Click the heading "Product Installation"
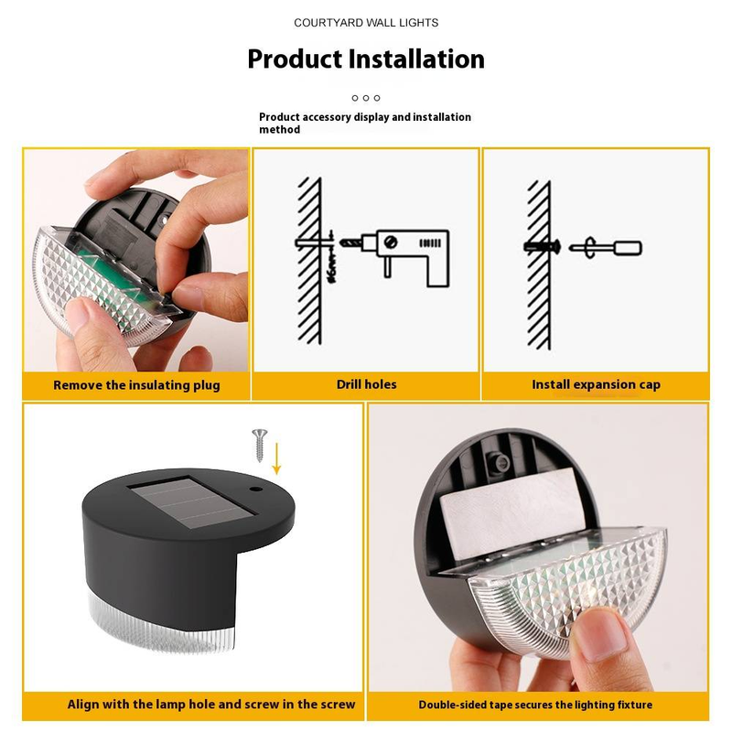(366, 59)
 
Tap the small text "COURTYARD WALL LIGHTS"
(366, 23)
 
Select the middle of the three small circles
(366, 98)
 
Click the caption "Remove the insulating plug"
(136, 385)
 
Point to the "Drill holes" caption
(367, 384)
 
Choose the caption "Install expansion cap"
(596, 384)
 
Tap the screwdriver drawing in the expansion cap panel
(606, 247)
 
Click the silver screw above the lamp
(260, 445)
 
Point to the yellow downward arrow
(276, 458)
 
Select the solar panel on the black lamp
(191, 501)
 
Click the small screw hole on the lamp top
(255, 490)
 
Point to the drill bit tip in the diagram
(341, 242)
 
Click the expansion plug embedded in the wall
(542, 247)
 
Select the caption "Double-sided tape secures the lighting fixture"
(535, 705)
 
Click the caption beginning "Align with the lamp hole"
(211, 704)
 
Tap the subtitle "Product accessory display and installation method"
(365, 124)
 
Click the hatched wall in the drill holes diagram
(309, 261)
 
